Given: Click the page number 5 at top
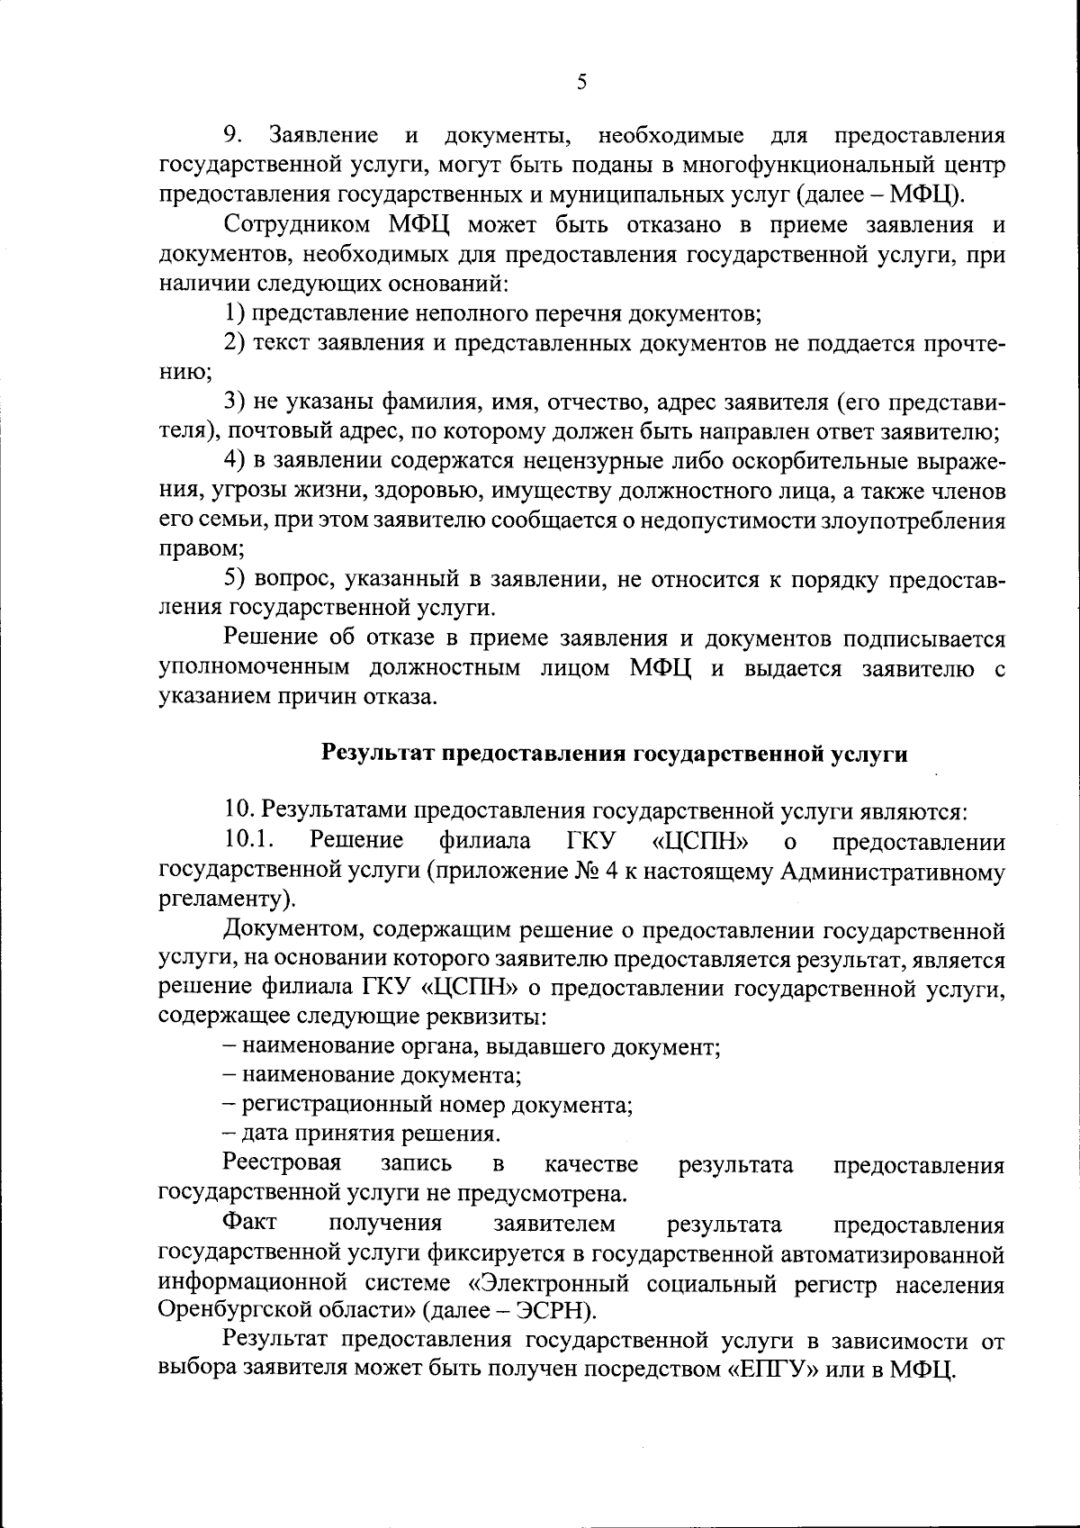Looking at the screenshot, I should click(580, 83).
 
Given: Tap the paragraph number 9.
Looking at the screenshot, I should click(233, 136).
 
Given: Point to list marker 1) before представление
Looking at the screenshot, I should click(236, 313).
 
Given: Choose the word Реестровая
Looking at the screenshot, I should click(283, 1164).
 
